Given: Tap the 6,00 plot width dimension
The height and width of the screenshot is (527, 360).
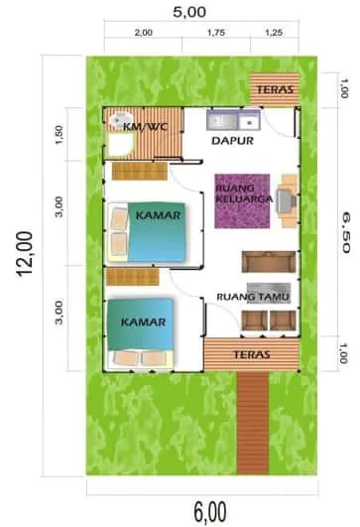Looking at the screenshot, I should (208, 511).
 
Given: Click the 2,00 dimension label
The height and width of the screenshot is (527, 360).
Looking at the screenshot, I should (144, 32).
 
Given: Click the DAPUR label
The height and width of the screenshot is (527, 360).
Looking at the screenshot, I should (234, 142).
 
